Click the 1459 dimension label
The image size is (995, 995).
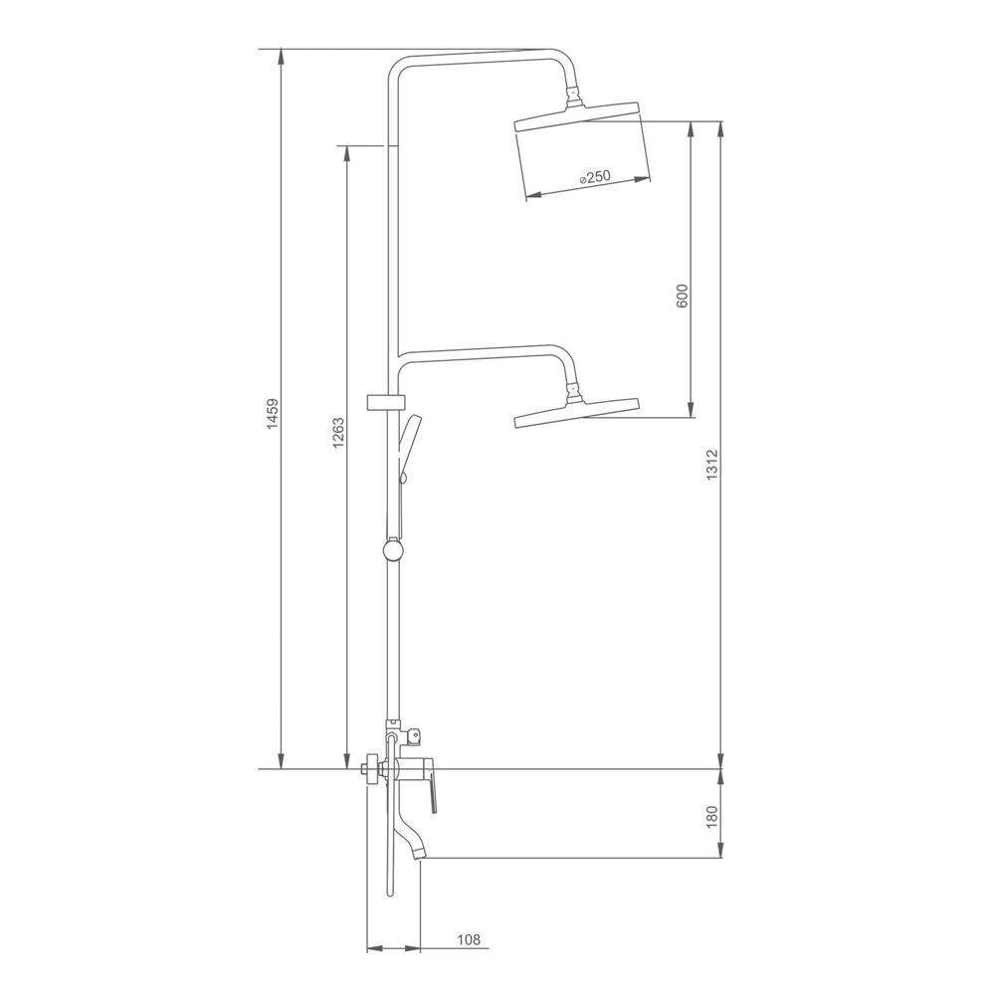tap(273, 414)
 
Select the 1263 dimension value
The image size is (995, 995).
tap(338, 433)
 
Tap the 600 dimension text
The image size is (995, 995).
tap(683, 297)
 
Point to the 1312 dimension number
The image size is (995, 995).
tap(712, 465)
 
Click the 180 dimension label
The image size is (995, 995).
tap(711, 816)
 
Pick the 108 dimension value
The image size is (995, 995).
tap(469, 939)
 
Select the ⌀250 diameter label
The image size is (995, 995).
tap(595, 177)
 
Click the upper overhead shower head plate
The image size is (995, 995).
tap(576, 115)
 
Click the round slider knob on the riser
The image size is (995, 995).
tap(393, 548)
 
